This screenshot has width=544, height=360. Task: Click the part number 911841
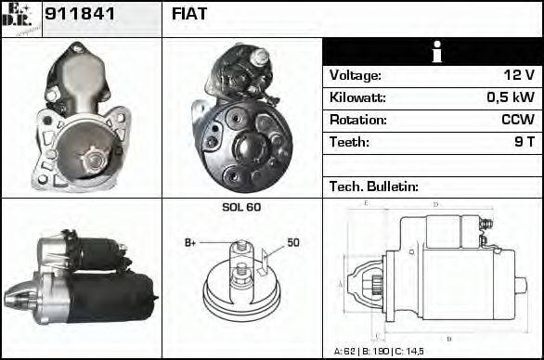pyautogui.click(x=79, y=15)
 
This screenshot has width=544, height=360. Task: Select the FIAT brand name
pyautogui.click(x=189, y=15)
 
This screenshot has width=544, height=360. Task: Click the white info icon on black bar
pyautogui.click(x=432, y=53)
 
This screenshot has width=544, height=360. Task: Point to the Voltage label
pyautogui.click(x=356, y=76)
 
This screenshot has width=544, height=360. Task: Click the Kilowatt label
pyautogui.click(x=357, y=98)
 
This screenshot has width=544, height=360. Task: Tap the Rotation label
pyautogui.click(x=357, y=121)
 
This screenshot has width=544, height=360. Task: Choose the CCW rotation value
pyautogui.click(x=518, y=121)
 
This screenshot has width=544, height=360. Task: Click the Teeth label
pyautogui.click(x=349, y=143)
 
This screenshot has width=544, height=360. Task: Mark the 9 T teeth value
pyautogui.click(x=524, y=143)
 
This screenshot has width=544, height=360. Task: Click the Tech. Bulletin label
pyautogui.click(x=374, y=186)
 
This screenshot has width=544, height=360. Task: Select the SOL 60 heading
pyautogui.click(x=241, y=207)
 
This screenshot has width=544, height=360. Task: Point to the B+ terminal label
pyautogui.click(x=191, y=243)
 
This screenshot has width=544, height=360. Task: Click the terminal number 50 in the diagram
pyautogui.click(x=292, y=243)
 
